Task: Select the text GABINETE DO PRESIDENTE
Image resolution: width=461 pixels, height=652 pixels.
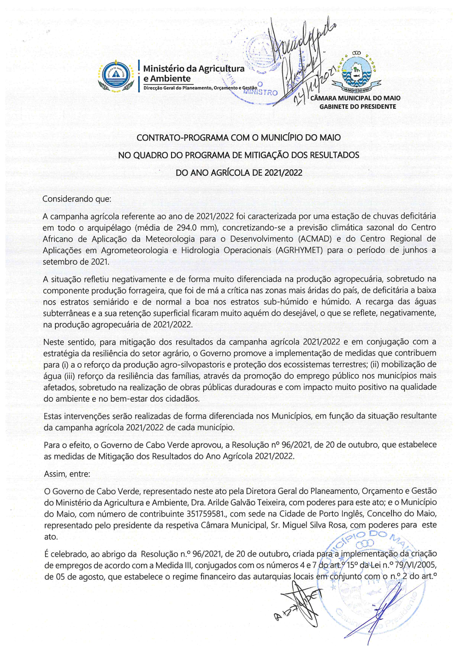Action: pyautogui.click(x=358, y=107)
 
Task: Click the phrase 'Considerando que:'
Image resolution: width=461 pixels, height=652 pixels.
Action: pyautogui.click(x=77, y=199)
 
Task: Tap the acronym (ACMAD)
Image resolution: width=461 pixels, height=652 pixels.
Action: pyautogui.click(x=315, y=239)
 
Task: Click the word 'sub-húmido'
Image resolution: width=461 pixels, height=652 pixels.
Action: pyautogui.click(x=285, y=302)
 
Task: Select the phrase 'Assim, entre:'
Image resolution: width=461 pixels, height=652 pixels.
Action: pyautogui.click(x=67, y=474)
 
